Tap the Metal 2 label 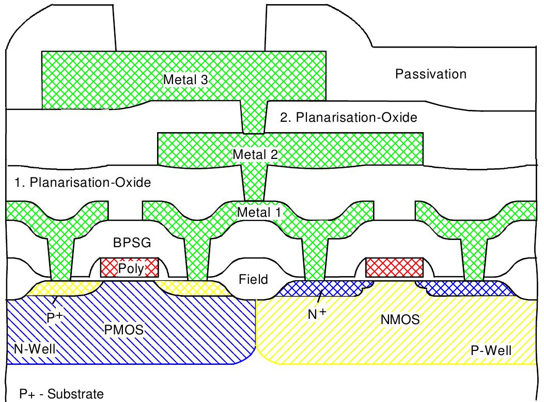coord(255,154)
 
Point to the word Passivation coord(430,74)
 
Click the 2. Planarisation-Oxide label coord(348,118)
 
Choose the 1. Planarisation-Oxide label coord(80,183)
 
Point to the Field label coord(254,280)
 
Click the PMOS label coord(123,328)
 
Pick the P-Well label coord(491,351)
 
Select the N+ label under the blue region coord(317,313)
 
